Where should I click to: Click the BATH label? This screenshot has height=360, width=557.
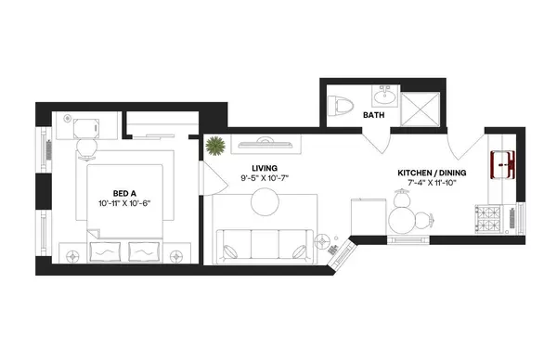pos(374,116)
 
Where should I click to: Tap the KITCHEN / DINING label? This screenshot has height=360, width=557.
pos(432,173)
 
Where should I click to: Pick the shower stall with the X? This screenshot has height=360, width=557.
pos(423,104)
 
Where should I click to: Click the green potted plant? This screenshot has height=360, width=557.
pos(216,146)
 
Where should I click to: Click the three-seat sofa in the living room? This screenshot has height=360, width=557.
pos(265,241)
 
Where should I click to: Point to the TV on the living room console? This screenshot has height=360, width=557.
pos(265,141)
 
